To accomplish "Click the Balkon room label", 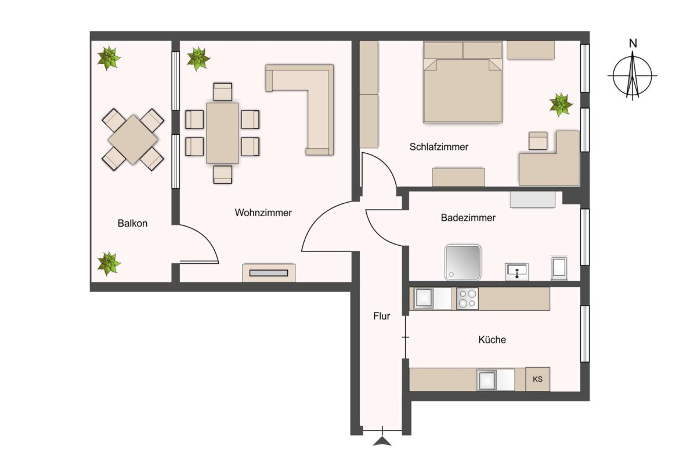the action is point(132,223).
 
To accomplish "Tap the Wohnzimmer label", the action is point(263,213).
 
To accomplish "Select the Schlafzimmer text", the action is point(439,147).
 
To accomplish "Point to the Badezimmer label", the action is point(468,218).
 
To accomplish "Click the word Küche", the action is point(492,339).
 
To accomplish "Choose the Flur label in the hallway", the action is point(381,316).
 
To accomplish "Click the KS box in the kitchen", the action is point(538,379).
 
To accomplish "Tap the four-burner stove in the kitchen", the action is point(467,299).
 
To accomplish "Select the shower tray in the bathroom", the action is point(463,262).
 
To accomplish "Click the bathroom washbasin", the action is point(517,272).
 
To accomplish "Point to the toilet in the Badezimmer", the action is point(559,268).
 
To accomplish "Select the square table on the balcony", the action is point(133,139).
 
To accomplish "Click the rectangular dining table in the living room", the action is point(223,132).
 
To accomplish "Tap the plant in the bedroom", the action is point(561,105).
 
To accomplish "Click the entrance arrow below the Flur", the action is point(382,441).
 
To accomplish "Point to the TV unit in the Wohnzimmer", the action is point(269,272).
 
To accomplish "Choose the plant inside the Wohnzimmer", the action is point(198,59).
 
